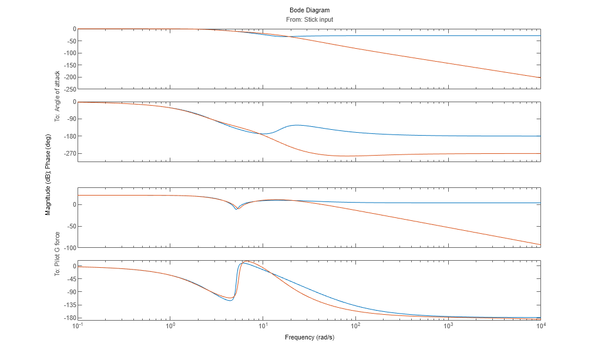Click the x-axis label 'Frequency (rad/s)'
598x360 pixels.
click(310, 337)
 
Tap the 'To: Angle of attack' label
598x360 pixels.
click(58, 96)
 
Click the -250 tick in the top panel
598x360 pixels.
click(69, 89)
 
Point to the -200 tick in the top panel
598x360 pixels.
click(69, 78)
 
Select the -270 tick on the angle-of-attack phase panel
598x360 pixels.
click(69, 154)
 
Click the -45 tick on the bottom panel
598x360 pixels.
click(70, 279)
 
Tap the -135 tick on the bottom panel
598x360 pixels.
click(69, 305)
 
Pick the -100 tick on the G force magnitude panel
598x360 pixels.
click(69, 248)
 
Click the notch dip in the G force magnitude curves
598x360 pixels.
click(236, 209)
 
